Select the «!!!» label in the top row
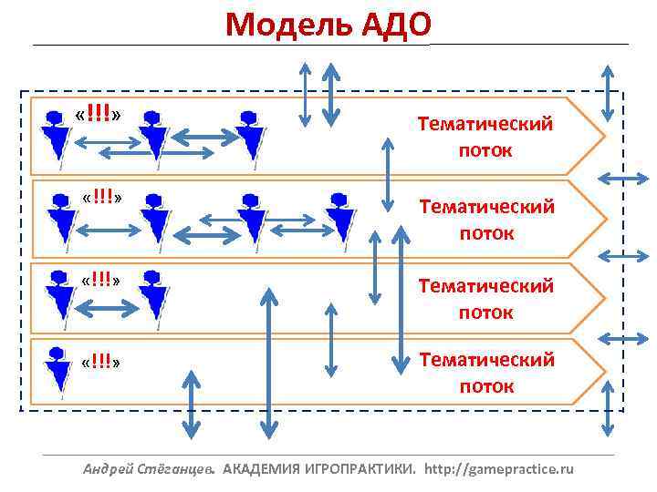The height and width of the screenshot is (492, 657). (x=100, y=115)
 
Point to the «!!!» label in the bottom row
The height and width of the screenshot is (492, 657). (x=100, y=363)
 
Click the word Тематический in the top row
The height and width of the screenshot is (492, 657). (x=485, y=125)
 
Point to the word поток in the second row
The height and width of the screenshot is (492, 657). (x=486, y=233)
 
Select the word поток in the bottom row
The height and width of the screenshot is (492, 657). (x=486, y=386)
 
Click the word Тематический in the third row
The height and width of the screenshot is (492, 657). (x=486, y=286)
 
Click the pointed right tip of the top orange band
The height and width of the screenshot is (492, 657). (x=601, y=136)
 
